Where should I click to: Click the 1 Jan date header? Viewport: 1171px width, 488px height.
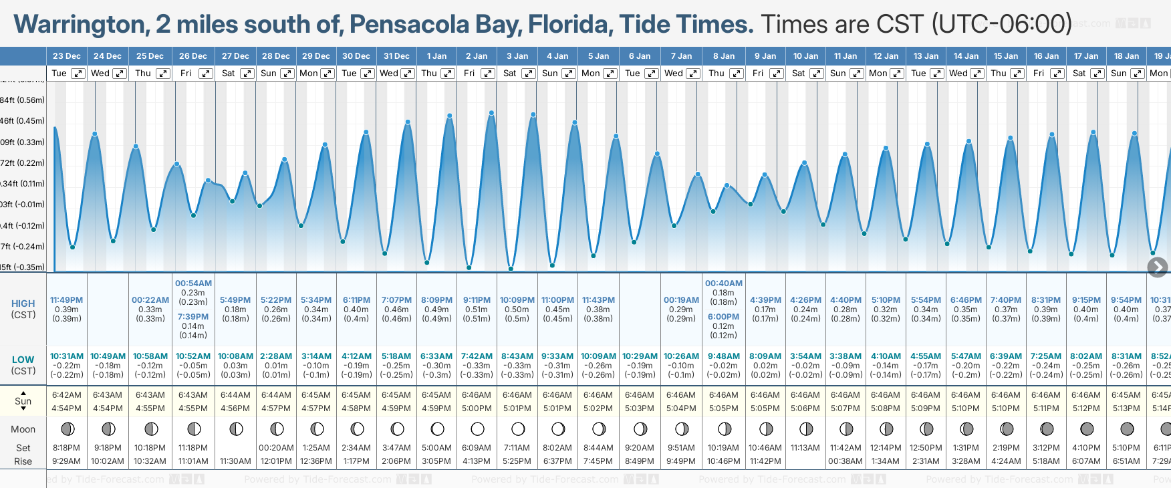437,56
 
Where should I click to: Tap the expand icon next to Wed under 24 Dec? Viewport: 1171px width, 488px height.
120,74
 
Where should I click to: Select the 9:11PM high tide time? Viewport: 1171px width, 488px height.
477,300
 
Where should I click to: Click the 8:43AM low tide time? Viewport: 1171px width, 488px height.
517,356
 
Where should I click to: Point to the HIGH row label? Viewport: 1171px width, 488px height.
23,303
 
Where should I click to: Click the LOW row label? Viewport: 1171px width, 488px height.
23,360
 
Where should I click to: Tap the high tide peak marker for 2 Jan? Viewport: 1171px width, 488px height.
491,113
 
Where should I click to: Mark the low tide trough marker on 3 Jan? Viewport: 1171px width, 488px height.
511,269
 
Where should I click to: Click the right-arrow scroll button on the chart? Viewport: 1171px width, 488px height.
1157,267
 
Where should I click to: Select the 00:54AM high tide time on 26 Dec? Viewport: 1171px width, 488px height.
193,283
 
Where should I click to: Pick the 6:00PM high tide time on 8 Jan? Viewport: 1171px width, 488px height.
723,317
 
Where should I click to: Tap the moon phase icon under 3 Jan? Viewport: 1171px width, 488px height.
518,429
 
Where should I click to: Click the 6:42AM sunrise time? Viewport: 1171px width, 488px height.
67,395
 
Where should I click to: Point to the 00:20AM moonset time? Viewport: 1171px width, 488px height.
276,448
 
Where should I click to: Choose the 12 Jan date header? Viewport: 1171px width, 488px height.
886,56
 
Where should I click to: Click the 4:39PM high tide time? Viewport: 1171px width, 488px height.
765,300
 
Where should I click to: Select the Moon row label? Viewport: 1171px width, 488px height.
23,429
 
